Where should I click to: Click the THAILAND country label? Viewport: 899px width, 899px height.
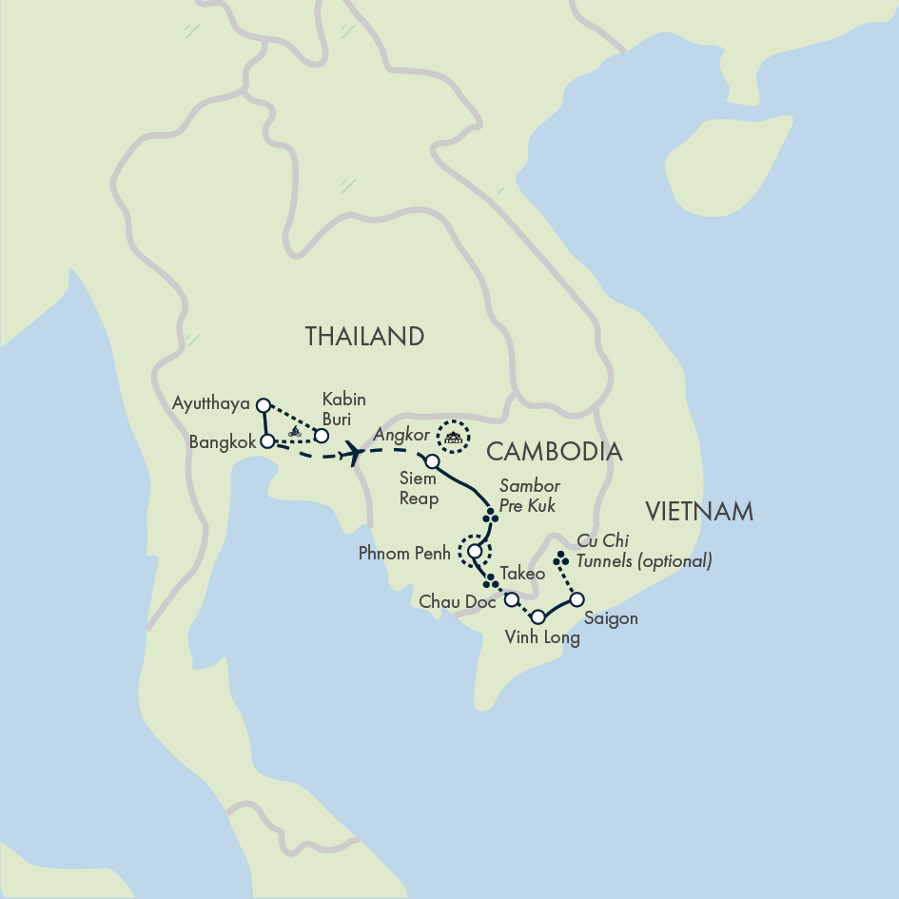click(x=363, y=336)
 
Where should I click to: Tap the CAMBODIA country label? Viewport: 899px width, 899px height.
click(x=554, y=451)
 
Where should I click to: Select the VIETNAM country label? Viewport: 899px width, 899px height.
click(x=698, y=512)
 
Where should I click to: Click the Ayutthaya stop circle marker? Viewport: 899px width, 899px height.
click(x=264, y=403)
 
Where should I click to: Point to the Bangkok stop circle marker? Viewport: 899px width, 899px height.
click(x=267, y=440)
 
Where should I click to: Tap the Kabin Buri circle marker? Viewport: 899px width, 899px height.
click(x=322, y=436)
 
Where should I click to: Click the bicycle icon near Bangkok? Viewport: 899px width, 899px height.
click(x=295, y=431)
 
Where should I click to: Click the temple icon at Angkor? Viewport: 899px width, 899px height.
click(x=454, y=437)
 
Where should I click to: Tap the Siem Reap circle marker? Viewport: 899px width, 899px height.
click(x=432, y=461)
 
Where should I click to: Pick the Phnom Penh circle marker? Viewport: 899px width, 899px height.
click(x=474, y=550)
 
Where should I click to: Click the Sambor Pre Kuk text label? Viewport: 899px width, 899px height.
click(x=529, y=496)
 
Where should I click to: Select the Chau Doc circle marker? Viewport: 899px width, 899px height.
click(x=511, y=599)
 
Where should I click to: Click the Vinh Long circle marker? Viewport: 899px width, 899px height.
click(x=537, y=616)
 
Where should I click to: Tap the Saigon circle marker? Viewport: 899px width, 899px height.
click(x=576, y=599)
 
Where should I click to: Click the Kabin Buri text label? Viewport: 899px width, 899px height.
click(x=343, y=407)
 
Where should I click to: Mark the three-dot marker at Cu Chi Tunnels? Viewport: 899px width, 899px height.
click(x=561, y=559)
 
